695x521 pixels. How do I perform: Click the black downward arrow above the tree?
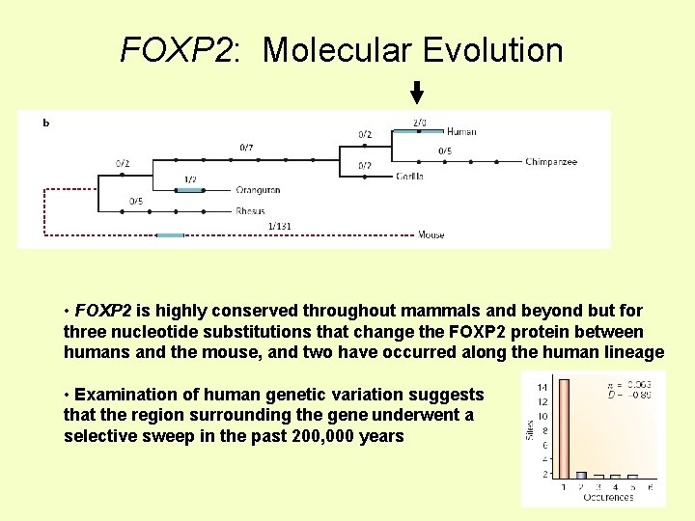pyautogui.click(x=417, y=93)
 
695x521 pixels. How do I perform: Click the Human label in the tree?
pyautogui.click(x=461, y=132)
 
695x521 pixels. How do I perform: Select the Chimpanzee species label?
pyautogui.click(x=551, y=162)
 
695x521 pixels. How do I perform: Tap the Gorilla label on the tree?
pyautogui.click(x=409, y=177)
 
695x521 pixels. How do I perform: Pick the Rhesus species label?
pyautogui.click(x=250, y=211)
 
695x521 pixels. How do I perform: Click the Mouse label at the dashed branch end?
pyautogui.click(x=431, y=234)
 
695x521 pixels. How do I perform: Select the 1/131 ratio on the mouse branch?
pyautogui.click(x=279, y=226)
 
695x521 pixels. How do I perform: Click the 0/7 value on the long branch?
pyautogui.click(x=247, y=148)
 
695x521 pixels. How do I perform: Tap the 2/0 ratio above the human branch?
pyautogui.click(x=419, y=123)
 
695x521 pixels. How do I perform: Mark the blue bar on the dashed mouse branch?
pyautogui.click(x=170, y=234)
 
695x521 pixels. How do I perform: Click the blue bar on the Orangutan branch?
pyautogui.click(x=189, y=190)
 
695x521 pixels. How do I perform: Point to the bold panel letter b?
pyautogui.click(x=46, y=123)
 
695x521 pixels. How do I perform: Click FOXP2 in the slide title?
pyautogui.click(x=178, y=50)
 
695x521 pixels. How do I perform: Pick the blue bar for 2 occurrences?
pyautogui.click(x=581, y=475)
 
